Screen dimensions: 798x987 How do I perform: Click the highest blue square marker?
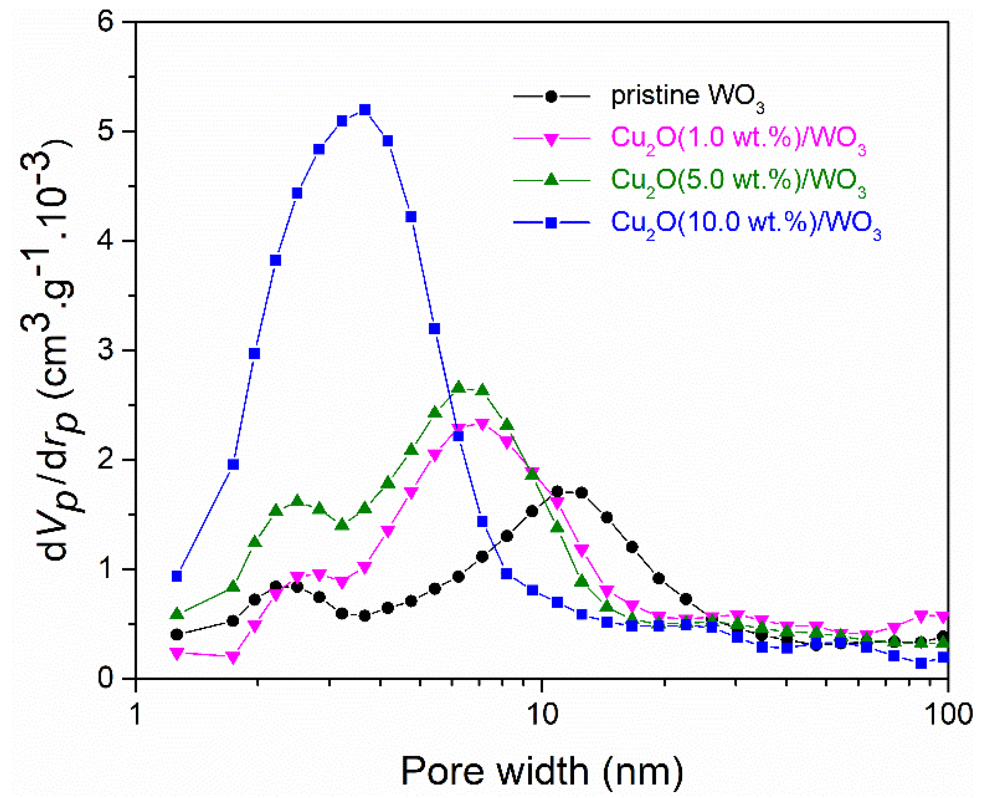coord(365,110)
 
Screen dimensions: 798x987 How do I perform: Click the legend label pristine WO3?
coord(687,97)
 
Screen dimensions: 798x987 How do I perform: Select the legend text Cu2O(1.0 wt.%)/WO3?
coord(739,138)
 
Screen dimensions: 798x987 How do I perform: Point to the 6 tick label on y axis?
coord(107,22)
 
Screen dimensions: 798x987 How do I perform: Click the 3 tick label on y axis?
coord(107,351)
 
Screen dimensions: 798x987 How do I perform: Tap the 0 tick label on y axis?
coord(107,679)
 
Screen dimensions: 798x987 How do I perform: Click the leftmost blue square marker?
coord(177,577)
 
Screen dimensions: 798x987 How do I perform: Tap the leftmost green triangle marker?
coord(177,614)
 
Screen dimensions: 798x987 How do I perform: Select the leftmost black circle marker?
coord(177,635)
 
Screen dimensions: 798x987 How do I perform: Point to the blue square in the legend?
coord(551,223)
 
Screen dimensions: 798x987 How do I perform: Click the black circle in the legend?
coord(551,97)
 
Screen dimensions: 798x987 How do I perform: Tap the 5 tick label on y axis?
coord(107,132)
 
